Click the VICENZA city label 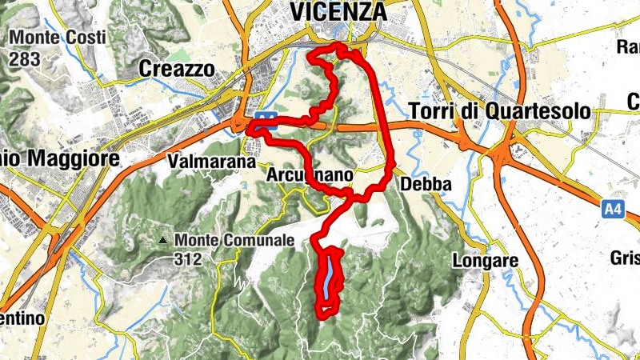pos(338,13)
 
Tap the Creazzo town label pos(177,70)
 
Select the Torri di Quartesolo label pos(499,111)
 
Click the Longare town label pos(486,260)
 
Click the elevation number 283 pos(23,58)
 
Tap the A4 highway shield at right pos(613,210)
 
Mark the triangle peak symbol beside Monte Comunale pos(163,239)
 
